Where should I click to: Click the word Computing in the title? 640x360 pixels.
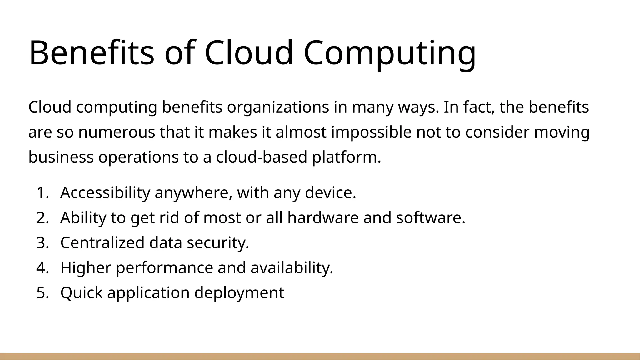pos(390,53)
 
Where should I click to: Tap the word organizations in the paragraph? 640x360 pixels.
pos(278,107)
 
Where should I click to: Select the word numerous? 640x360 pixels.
pos(117,132)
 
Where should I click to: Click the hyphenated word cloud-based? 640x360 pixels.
pos(262,157)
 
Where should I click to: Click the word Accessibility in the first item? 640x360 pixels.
pos(105,193)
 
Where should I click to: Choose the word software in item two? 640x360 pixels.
pos(431,218)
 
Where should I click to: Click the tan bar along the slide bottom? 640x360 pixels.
pos(320,356)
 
